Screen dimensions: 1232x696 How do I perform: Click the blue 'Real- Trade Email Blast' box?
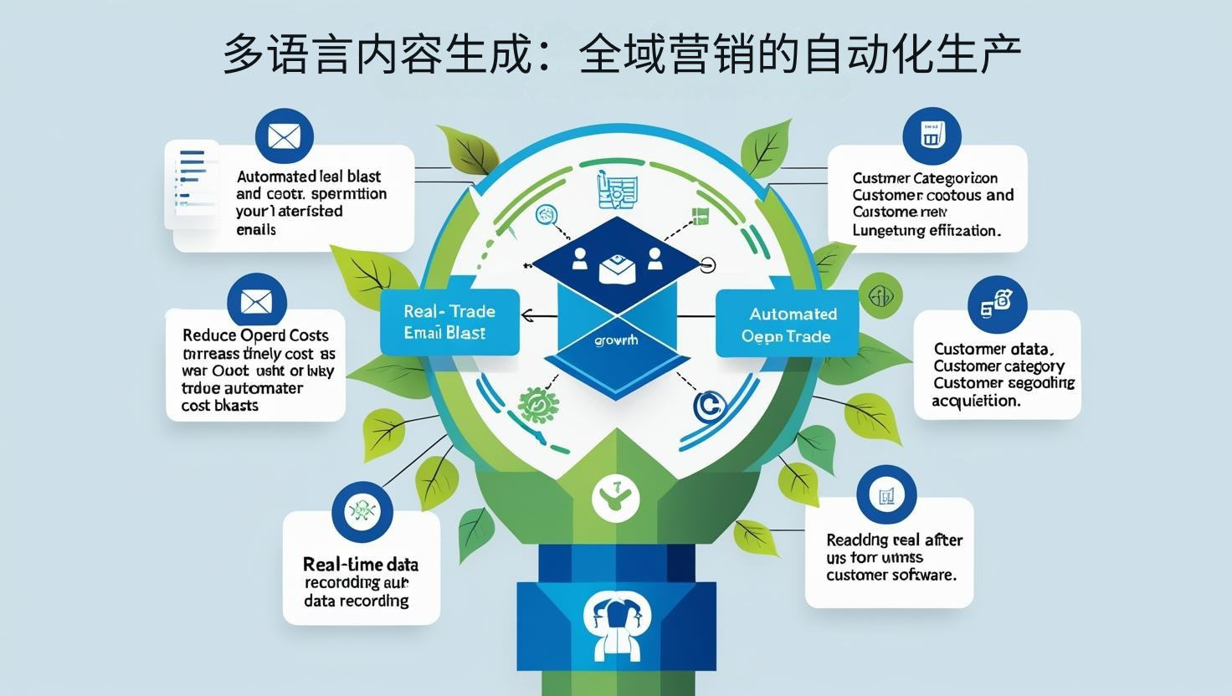(449, 322)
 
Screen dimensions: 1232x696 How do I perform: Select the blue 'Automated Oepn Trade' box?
(788, 325)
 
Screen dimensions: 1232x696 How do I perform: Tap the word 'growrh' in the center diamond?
(615, 340)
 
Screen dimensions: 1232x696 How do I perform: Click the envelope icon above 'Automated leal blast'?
(285, 136)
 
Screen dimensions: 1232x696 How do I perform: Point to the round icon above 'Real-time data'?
(362, 510)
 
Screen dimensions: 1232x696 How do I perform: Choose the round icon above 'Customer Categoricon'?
(932, 135)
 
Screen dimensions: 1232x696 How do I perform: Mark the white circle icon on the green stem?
(615, 499)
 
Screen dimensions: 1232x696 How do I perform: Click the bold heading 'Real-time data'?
(361, 564)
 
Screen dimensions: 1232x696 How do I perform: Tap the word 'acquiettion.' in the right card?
(977, 401)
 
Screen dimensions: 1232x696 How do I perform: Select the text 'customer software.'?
(891, 576)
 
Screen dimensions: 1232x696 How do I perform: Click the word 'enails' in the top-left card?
(255, 230)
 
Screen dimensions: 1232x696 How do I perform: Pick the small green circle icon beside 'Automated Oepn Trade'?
(880, 295)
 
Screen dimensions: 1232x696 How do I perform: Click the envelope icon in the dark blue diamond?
(617, 268)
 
